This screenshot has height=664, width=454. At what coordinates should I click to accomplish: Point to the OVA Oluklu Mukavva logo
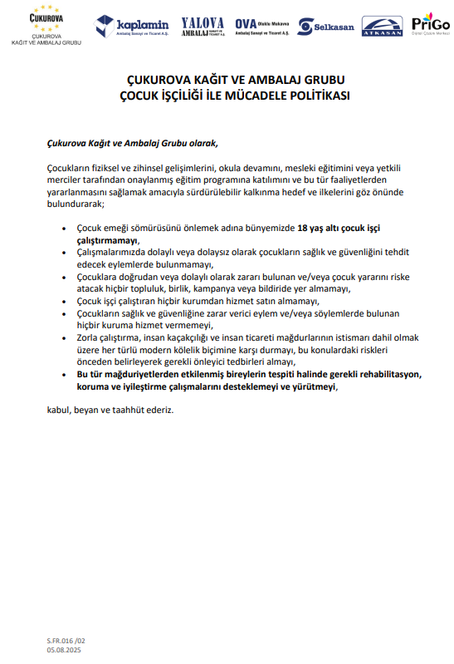262,26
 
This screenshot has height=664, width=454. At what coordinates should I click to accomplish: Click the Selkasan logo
326,27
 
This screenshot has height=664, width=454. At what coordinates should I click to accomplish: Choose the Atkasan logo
382,26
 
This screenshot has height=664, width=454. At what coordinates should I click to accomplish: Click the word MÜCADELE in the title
266,96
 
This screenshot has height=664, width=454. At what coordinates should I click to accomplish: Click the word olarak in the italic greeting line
200,142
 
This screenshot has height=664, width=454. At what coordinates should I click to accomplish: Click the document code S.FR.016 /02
66,641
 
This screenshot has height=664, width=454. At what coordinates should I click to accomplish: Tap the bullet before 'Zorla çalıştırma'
66,339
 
